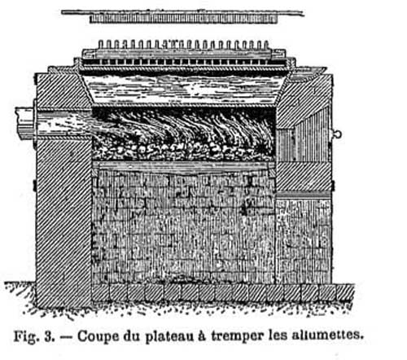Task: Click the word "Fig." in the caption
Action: (x=25, y=336)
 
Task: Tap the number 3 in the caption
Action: (x=49, y=336)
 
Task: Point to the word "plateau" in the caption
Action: (x=169, y=336)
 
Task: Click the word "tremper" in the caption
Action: (x=238, y=336)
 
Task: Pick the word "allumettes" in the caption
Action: (x=327, y=335)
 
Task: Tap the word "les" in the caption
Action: (x=278, y=336)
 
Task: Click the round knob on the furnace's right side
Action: (x=337, y=134)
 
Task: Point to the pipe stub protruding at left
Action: (x=26, y=123)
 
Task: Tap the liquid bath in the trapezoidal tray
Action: (x=185, y=89)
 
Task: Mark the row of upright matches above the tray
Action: (x=183, y=45)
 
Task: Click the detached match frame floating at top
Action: (x=183, y=16)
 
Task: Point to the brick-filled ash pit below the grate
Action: (x=184, y=226)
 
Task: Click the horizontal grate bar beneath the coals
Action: (x=184, y=165)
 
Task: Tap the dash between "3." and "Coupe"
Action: (x=66, y=337)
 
